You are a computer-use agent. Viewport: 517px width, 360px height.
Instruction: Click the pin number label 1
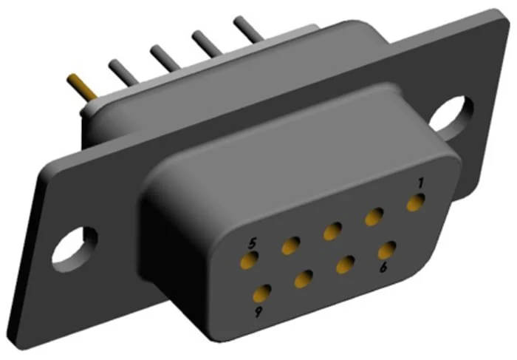point(420,183)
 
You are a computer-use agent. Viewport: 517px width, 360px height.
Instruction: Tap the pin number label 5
point(253,244)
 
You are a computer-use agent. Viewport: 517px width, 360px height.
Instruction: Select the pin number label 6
point(383,267)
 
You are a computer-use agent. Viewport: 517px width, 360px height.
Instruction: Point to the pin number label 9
point(258,312)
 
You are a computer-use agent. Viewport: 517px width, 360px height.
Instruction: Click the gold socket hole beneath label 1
point(415,203)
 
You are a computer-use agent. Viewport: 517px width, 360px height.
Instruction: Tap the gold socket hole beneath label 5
point(250,259)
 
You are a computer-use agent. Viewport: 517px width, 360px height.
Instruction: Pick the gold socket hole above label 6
point(387,250)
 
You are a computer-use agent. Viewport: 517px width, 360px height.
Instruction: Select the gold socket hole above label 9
point(261,293)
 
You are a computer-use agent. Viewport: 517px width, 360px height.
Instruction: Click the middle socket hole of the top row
point(332,231)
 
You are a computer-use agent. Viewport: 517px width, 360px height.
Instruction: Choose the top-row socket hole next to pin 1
point(374,217)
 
